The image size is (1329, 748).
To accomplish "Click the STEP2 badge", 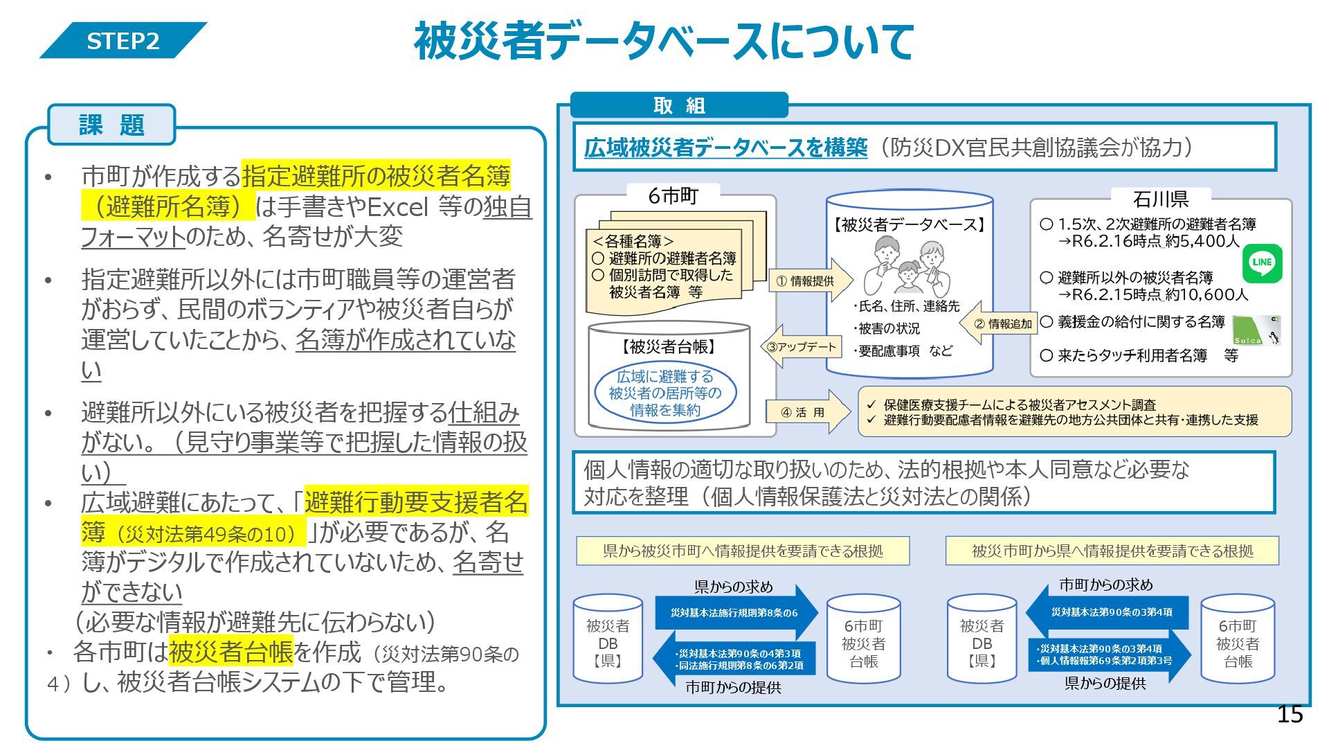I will point(123,41).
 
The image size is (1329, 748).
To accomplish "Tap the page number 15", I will point(1290,714).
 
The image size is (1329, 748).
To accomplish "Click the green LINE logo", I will point(1262,262).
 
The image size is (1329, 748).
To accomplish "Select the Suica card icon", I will point(1256,330).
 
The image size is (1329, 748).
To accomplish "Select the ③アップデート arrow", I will point(802,346).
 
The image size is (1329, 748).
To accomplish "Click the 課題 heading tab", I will point(111,125).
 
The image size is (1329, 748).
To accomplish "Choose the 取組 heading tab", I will point(679,105).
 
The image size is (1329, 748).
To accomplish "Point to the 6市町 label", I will point(673,196).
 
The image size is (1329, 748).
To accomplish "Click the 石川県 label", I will point(1161,199).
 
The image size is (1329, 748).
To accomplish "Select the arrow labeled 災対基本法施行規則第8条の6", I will point(735,613).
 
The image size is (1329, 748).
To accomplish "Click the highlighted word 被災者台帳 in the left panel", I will point(230,652).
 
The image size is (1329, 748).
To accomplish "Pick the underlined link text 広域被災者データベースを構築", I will point(725,148).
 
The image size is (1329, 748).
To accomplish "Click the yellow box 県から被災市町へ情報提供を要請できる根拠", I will point(743,551).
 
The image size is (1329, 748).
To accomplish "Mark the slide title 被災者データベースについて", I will point(664,42).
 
